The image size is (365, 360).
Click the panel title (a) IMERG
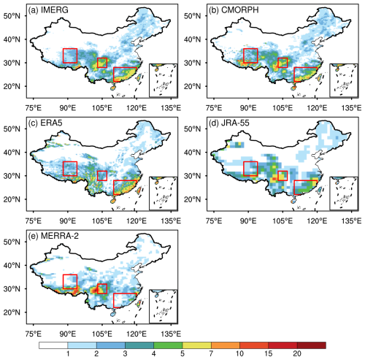tap(48, 10)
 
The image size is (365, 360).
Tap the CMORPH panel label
tap(234, 10)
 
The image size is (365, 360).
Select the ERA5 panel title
tap(45, 123)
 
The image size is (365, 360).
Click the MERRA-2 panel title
tap(53, 236)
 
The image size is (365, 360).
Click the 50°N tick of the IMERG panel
tap(12, 16)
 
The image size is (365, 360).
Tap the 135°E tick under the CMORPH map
tap(351, 107)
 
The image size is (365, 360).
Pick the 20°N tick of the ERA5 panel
tap(12, 199)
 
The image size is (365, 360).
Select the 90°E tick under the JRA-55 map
tap(248, 221)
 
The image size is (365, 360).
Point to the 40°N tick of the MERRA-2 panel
tap(12, 265)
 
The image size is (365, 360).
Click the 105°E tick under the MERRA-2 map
tap(102, 334)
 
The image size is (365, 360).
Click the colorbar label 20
tap(297, 353)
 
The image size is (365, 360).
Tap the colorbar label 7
tap(211, 353)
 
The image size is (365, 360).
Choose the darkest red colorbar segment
tap(312, 345)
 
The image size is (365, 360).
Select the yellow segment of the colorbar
tap(197, 345)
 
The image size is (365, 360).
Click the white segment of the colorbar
tap(53, 345)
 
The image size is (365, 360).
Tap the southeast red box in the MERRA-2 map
tap(113, 300)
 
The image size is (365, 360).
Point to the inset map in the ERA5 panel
tap(164, 194)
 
